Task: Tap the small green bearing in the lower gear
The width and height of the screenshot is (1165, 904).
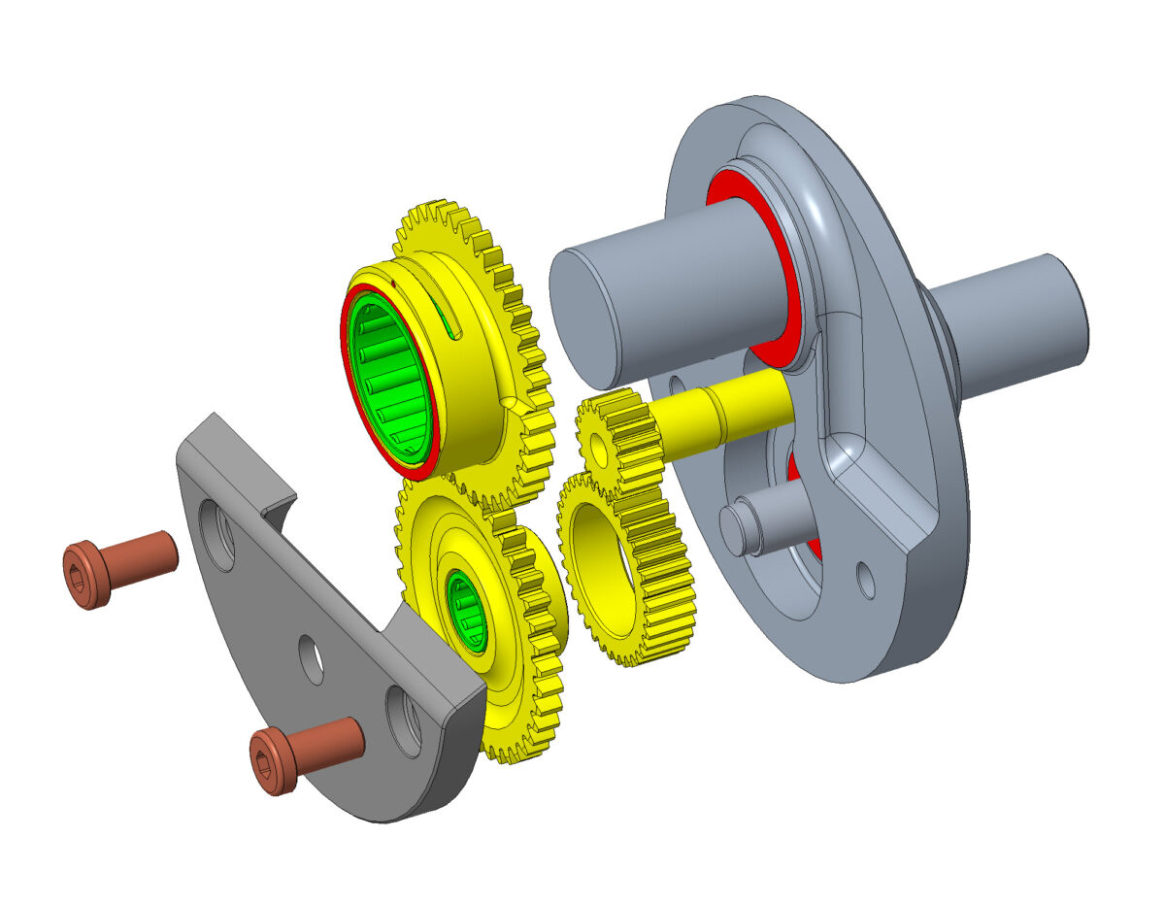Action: tap(466, 611)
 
